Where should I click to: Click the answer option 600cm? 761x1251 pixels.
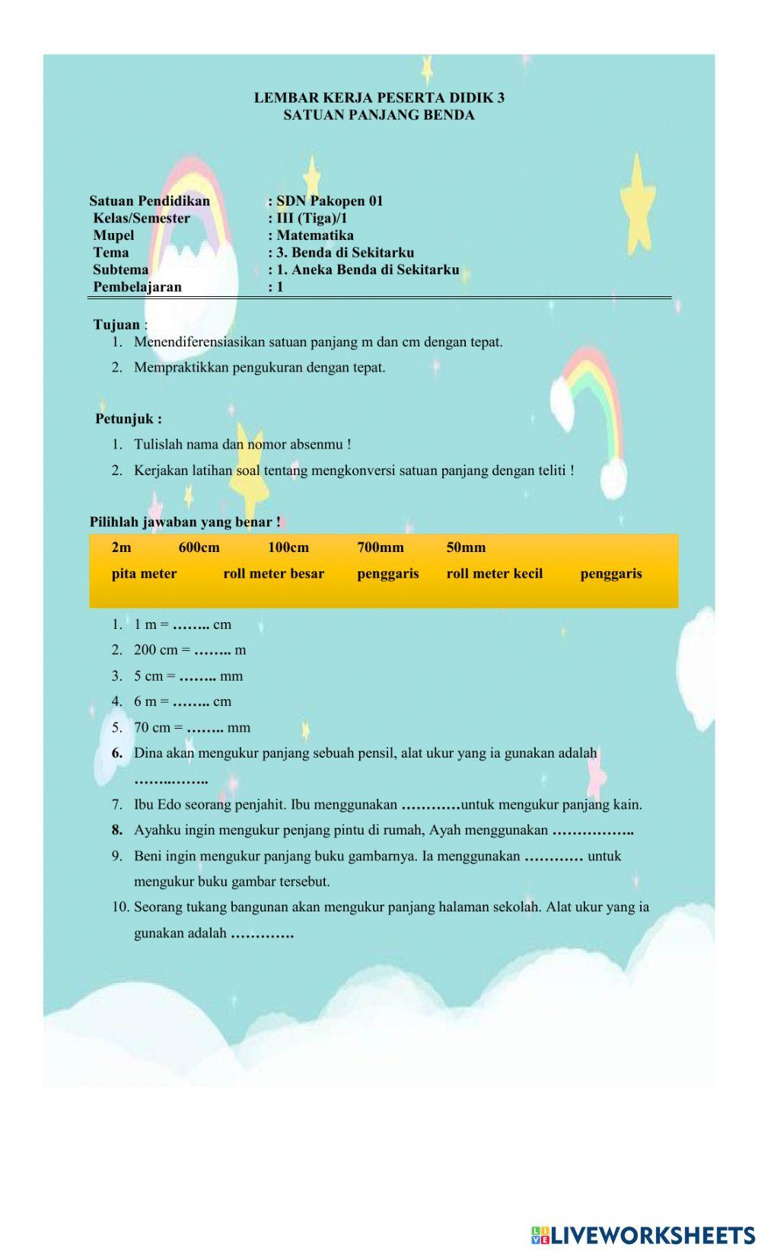click(199, 547)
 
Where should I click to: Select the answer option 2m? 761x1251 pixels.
click(121, 547)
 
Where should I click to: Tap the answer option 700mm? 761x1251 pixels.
click(380, 547)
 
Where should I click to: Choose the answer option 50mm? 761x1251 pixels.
click(466, 547)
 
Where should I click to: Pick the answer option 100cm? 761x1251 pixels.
click(288, 547)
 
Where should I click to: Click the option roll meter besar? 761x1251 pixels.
click(273, 574)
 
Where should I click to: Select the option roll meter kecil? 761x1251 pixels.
click(494, 574)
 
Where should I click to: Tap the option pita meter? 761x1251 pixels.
click(144, 574)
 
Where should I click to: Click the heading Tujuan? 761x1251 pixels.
click(116, 324)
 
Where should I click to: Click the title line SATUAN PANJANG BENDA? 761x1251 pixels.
click(378, 115)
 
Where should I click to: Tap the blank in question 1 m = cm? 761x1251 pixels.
click(190, 625)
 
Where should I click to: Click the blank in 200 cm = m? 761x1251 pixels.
click(212, 651)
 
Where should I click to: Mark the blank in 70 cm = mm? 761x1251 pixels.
click(204, 729)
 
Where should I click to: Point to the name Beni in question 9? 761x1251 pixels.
click(148, 856)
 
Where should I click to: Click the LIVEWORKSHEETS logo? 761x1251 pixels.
click(643, 1234)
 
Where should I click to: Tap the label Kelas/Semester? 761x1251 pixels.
click(142, 219)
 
